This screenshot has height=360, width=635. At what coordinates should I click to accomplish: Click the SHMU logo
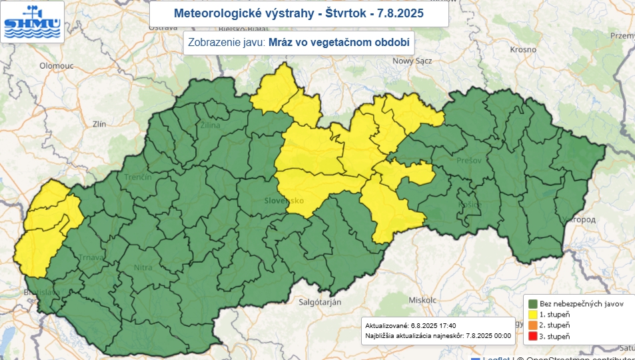click(x=32, y=21)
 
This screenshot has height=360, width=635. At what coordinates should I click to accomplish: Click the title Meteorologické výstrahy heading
click(x=298, y=13)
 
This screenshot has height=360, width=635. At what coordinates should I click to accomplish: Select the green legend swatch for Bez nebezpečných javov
click(x=532, y=303)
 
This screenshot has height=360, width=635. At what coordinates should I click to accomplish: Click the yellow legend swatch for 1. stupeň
click(x=532, y=314)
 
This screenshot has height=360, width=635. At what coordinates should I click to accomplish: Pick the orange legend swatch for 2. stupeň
click(x=532, y=325)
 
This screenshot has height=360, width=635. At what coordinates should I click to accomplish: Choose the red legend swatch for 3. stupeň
click(x=532, y=335)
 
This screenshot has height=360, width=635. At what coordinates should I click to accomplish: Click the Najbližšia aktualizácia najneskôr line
click(x=437, y=336)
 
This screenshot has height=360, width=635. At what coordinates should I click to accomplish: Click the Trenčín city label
click(x=137, y=177)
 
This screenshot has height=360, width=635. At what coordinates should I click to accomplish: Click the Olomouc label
click(x=57, y=66)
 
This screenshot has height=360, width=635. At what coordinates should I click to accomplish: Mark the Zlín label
click(x=99, y=124)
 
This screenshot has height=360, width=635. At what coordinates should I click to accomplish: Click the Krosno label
click(x=523, y=49)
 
